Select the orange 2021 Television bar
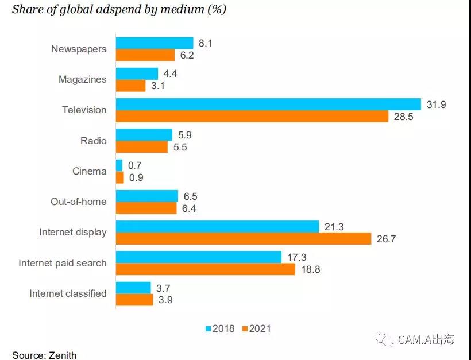pyautogui.click(x=253, y=116)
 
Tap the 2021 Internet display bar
pyautogui.click(x=244, y=238)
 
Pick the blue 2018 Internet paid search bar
pyautogui.click(x=199, y=257)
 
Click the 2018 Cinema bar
pyautogui.click(x=119, y=165)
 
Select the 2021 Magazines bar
pyautogui.click(x=131, y=86)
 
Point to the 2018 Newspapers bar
pyautogui.click(x=155, y=43)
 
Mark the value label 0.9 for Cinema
pyautogui.click(x=136, y=177)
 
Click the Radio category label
pyautogui.click(x=94, y=140)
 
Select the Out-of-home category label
pyautogui.click(x=79, y=202)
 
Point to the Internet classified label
pyautogui.click(x=68, y=293)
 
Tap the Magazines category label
pyautogui.click(x=83, y=79)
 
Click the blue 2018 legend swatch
pyautogui.click(x=209, y=329)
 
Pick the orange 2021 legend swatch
pyautogui.click(x=245, y=329)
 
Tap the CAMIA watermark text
pyautogui.click(x=426, y=340)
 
